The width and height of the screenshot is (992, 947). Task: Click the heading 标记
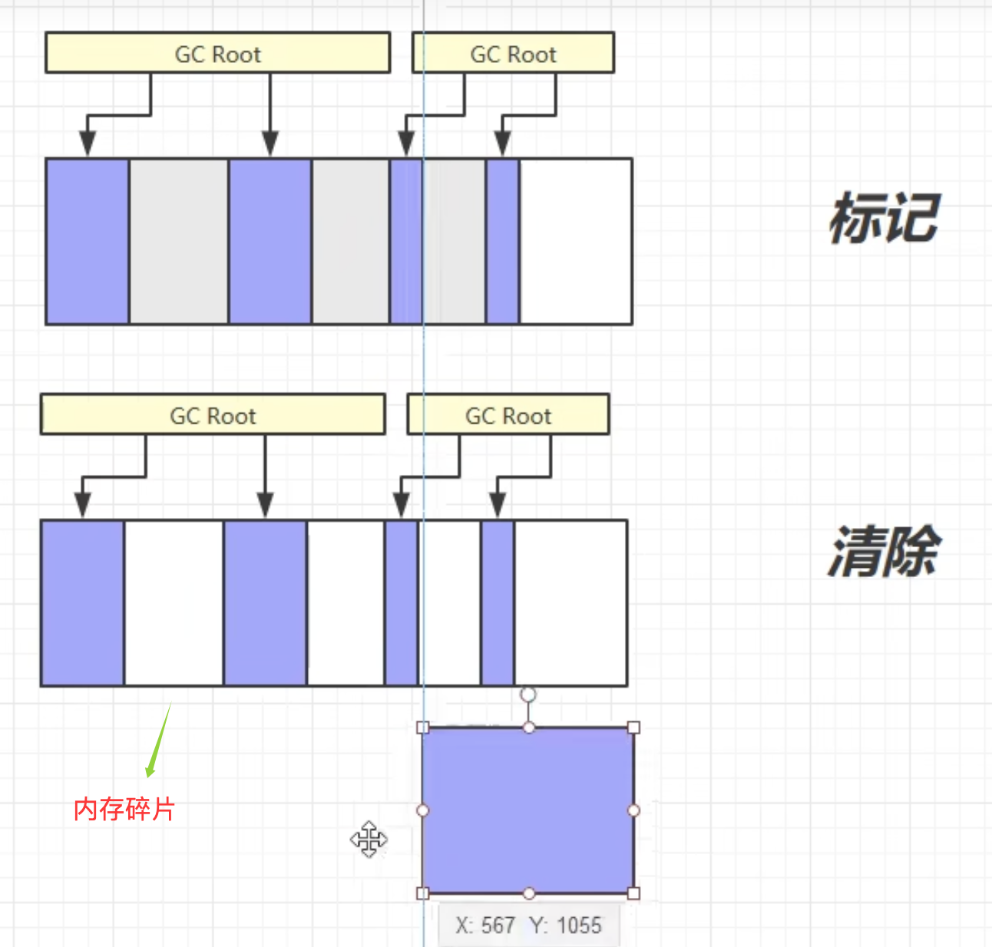pyautogui.click(x=884, y=219)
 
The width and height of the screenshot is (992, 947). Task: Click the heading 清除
pyautogui.click(x=884, y=551)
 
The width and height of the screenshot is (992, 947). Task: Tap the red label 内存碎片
pyautogui.click(x=124, y=809)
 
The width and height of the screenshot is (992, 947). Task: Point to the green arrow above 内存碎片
pyautogui.click(x=158, y=741)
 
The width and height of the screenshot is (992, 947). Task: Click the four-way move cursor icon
pyautogui.click(x=369, y=839)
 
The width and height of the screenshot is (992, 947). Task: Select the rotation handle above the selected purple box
pyautogui.click(x=528, y=695)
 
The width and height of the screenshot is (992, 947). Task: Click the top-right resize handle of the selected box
pyautogui.click(x=633, y=728)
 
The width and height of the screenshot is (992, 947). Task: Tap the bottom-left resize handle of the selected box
pyautogui.click(x=422, y=893)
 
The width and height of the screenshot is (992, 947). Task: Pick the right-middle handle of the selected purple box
pyautogui.click(x=633, y=810)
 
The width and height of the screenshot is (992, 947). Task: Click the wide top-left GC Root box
pyautogui.click(x=218, y=53)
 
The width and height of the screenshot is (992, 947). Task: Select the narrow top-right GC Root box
pyautogui.click(x=513, y=53)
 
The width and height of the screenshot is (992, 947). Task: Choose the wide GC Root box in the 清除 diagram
pyautogui.click(x=213, y=415)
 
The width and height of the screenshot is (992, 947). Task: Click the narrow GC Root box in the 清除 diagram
pyautogui.click(x=508, y=415)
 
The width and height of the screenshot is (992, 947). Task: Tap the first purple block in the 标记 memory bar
pyautogui.click(x=88, y=242)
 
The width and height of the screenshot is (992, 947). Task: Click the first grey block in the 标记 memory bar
pyautogui.click(x=178, y=242)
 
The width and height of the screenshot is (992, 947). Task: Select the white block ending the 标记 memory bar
pyautogui.click(x=576, y=242)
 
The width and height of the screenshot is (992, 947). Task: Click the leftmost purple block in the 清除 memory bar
pyautogui.click(x=82, y=603)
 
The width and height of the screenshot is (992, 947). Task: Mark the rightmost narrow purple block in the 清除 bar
pyautogui.click(x=498, y=603)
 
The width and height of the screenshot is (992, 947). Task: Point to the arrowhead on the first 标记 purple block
pyautogui.click(x=88, y=144)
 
